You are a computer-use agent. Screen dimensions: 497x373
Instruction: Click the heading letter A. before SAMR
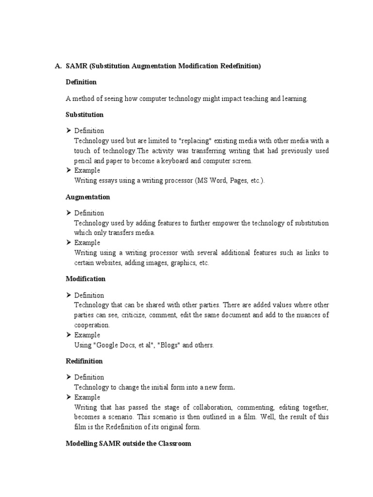point(57,66)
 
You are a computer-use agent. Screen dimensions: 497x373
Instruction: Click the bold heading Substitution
point(85,115)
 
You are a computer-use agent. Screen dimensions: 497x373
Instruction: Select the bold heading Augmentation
point(87,197)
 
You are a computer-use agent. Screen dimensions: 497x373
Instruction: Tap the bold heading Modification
point(85,279)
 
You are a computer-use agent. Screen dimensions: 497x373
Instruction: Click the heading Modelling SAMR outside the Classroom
point(128,444)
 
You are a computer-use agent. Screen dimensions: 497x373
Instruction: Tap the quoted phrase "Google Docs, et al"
point(129,345)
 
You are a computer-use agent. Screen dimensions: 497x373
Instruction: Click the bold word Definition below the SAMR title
point(81,82)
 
